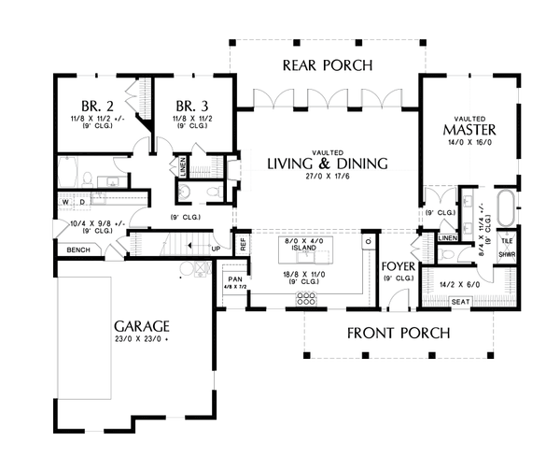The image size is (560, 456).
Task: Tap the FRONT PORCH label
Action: [399, 333]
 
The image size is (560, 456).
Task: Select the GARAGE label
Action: [142, 326]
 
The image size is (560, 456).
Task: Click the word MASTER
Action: [469, 130]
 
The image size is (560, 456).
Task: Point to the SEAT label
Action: [460, 302]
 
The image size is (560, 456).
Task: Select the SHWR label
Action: [507, 253]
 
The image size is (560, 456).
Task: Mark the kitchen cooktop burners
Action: [305, 300]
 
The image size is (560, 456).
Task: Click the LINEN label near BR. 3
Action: [183, 165]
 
